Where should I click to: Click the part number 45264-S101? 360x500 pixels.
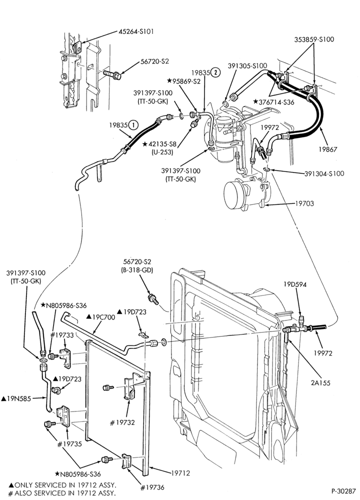click(x=136, y=31)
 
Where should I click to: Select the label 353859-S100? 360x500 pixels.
click(x=314, y=39)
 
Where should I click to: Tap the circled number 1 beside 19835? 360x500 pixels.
click(x=133, y=125)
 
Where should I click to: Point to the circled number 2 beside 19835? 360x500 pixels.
click(x=215, y=72)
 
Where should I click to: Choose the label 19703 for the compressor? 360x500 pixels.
click(x=304, y=203)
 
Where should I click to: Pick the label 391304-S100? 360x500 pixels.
click(x=324, y=173)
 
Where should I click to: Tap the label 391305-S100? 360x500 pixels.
click(x=247, y=65)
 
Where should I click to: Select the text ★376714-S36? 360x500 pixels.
click(x=273, y=102)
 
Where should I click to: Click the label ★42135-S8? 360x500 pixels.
click(x=159, y=144)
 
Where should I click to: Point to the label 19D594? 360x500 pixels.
click(x=295, y=284)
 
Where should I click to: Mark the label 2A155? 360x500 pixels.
click(x=321, y=382)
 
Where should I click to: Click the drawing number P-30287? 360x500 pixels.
click(x=343, y=490)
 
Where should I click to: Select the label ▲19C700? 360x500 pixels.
click(x=101, y=317)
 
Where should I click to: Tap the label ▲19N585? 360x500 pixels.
click(x=16, y=398)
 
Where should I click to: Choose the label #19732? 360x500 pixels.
click(x=122, y=423)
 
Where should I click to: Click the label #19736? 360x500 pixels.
click(x=152, y=487)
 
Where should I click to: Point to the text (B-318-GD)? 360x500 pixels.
click(x=137, y=270)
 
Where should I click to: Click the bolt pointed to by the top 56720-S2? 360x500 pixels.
click(x=112, y=75)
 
